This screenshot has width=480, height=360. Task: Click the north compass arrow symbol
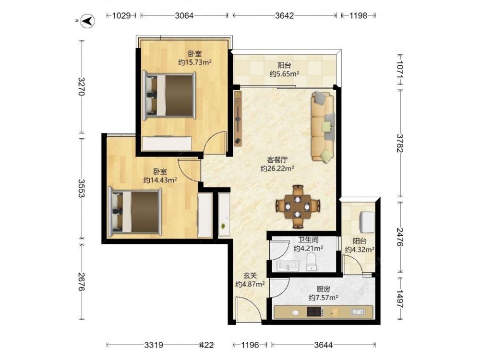[87, 21]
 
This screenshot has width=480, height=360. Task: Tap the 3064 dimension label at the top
[184, 15]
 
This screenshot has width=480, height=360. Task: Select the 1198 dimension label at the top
[358, 15]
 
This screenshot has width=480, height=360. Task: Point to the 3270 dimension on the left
[81, 86]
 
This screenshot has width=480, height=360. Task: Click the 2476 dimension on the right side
[400, 237]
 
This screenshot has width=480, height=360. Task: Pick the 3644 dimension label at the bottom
[323, 345]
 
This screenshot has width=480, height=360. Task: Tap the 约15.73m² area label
[195, 62]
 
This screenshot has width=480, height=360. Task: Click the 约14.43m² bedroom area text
[160, 180]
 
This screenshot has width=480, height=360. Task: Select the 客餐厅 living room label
[277, 160]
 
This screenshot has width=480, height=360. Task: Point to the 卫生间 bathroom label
[308, 240]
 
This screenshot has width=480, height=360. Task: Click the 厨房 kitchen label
[323, 289]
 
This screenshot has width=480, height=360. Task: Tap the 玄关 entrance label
[250, 276]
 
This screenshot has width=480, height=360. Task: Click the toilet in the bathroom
[312, 262]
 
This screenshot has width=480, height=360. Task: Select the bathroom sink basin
[288, 266]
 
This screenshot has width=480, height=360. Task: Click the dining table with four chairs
[298, 206]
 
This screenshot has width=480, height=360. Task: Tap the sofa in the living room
[323, 127]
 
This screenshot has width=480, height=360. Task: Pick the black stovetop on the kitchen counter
[315, 312]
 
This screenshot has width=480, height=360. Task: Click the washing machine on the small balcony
[367, 223]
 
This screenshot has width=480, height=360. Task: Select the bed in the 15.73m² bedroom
[169, 95]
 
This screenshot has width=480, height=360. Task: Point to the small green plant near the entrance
[224, 227]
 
